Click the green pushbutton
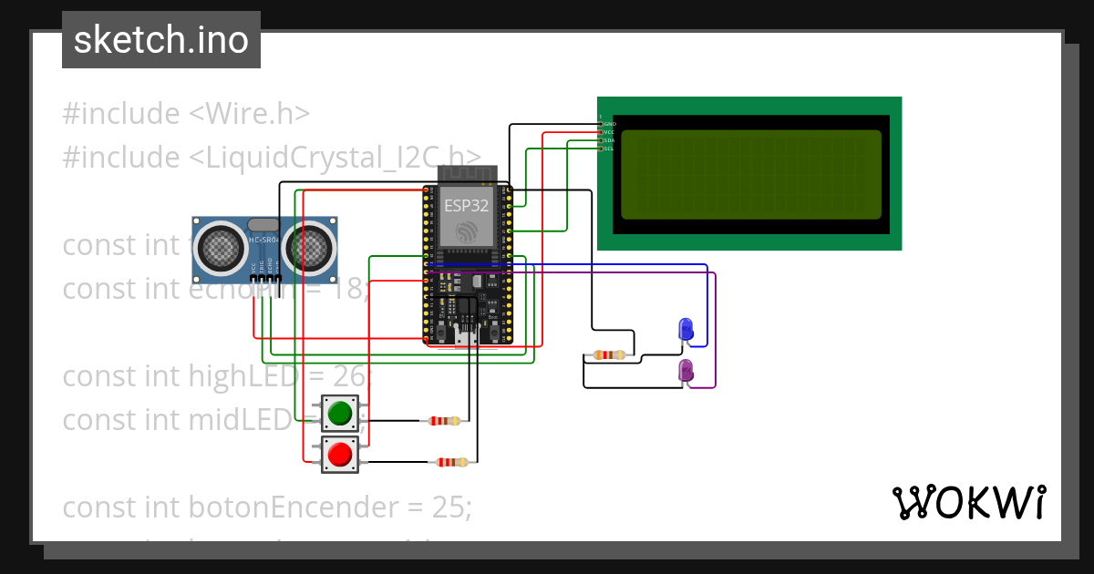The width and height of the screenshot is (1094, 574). click(340, 413)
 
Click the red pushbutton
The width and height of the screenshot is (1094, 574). click(340, 454)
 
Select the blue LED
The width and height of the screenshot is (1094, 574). click(686, 329)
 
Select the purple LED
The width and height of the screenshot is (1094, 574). click(686, 370)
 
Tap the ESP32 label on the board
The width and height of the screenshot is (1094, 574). click(466, 206)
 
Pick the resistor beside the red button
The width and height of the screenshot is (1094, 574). click(452, 462)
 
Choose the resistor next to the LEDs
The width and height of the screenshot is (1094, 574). click(608, 355)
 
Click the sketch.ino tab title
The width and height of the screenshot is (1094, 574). click(161, 40)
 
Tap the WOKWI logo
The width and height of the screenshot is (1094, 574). click(968, 502)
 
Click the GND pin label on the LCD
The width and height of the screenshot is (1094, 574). click(610, 123)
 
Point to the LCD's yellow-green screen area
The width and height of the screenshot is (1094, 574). click(751, 174)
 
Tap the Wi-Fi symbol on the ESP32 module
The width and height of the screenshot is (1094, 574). click(466, 231)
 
